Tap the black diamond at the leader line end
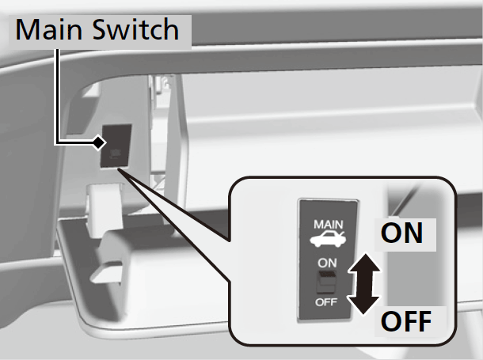(98, 143)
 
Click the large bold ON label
(401, 233)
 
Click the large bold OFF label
(406, 322)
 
